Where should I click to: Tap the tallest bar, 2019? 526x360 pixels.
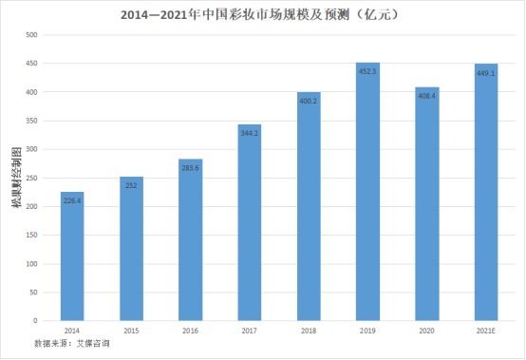click(x=367, y=191)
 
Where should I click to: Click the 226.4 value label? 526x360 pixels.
click(x=72, y=199)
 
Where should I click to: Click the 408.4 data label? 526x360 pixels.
click(x=426, y=96)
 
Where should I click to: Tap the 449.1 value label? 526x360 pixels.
click(x=485, y=72)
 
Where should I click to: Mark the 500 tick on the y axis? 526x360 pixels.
click(x=32, y=35)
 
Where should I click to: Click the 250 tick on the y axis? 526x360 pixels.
click(x=32, y=178)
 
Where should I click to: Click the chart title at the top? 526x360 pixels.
click(x=263, y=15)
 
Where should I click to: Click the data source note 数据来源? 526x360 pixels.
click(x=71, y=342)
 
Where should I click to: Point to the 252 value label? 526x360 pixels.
click(x=131, y=184)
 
